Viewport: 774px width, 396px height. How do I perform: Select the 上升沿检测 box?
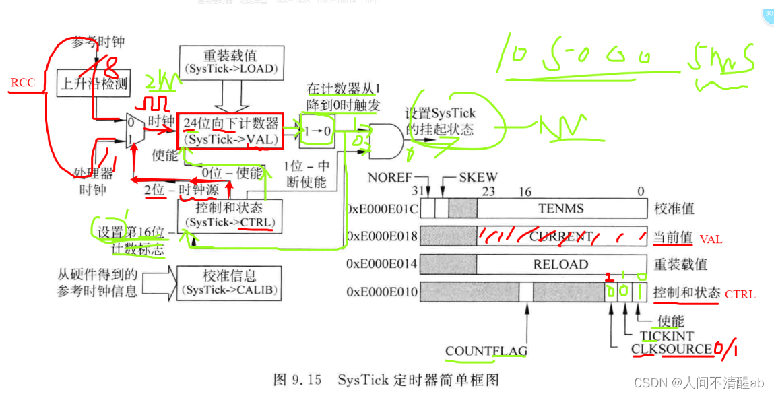pos(93,83)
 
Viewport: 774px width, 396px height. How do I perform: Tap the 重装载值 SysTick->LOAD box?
pos(230,61)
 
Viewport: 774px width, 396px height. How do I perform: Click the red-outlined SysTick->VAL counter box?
pos(230,131)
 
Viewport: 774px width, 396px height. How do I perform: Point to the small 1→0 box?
pos(317,131)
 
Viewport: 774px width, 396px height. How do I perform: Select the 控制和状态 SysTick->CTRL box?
pos(230,216)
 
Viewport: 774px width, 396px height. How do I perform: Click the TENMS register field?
pos(560,209)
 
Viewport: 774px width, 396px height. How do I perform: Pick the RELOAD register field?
pos(560,265)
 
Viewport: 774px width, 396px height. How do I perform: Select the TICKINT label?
pos(666,335)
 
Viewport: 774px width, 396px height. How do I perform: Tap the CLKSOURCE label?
pos(671,349)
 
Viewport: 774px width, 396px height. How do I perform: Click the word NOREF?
pos(389,178)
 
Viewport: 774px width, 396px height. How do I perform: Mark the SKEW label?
pos(478,178)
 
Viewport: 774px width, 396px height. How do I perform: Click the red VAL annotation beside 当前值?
pos(710,239)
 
